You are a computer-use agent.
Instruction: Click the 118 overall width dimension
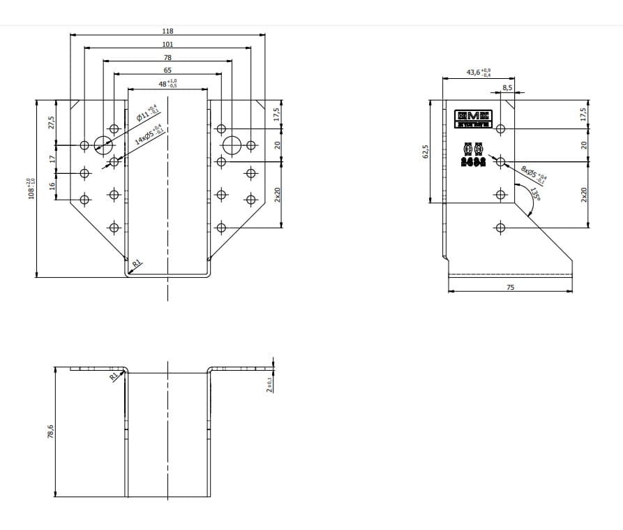pyautogui.click(x=167, y=31)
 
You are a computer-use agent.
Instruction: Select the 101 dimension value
pyautogui.click(x=167, y=44)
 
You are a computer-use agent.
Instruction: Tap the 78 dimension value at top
pyautogui.click(x=167, y=57)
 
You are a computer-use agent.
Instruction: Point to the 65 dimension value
pyautogui.click(x=167, y=71)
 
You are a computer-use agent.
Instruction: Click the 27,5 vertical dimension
pyautogui.click(x=51, y=122)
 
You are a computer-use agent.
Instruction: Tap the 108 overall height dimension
pyautogui.click(x=30, y=188)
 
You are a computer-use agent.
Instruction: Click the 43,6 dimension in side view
pyautogui.click(x=479, y=73)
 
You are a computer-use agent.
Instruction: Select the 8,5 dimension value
pyautogui.click(x=507, y=88)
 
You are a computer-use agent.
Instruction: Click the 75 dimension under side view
pyautogui.click(x=510, y=287)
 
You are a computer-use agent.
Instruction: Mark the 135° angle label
pyautogui.click(x=535, y=194)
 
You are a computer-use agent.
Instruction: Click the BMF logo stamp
pyautogui.click(x=474, y=119)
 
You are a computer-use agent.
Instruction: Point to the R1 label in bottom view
pyautogui.click(x=114, y=376)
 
